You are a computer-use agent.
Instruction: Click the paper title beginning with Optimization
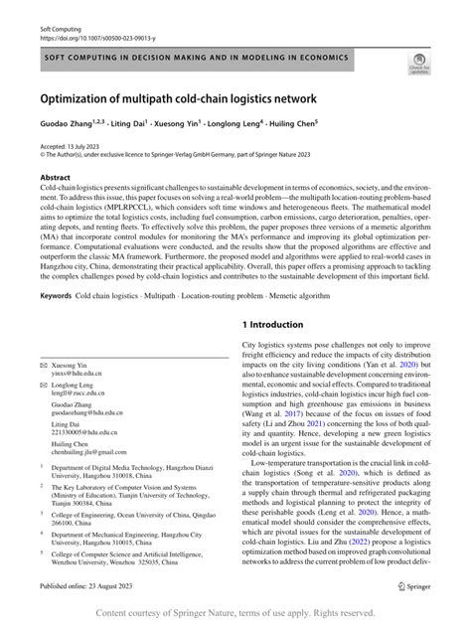[179, 99]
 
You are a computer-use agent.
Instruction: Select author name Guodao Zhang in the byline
[67, 127]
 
